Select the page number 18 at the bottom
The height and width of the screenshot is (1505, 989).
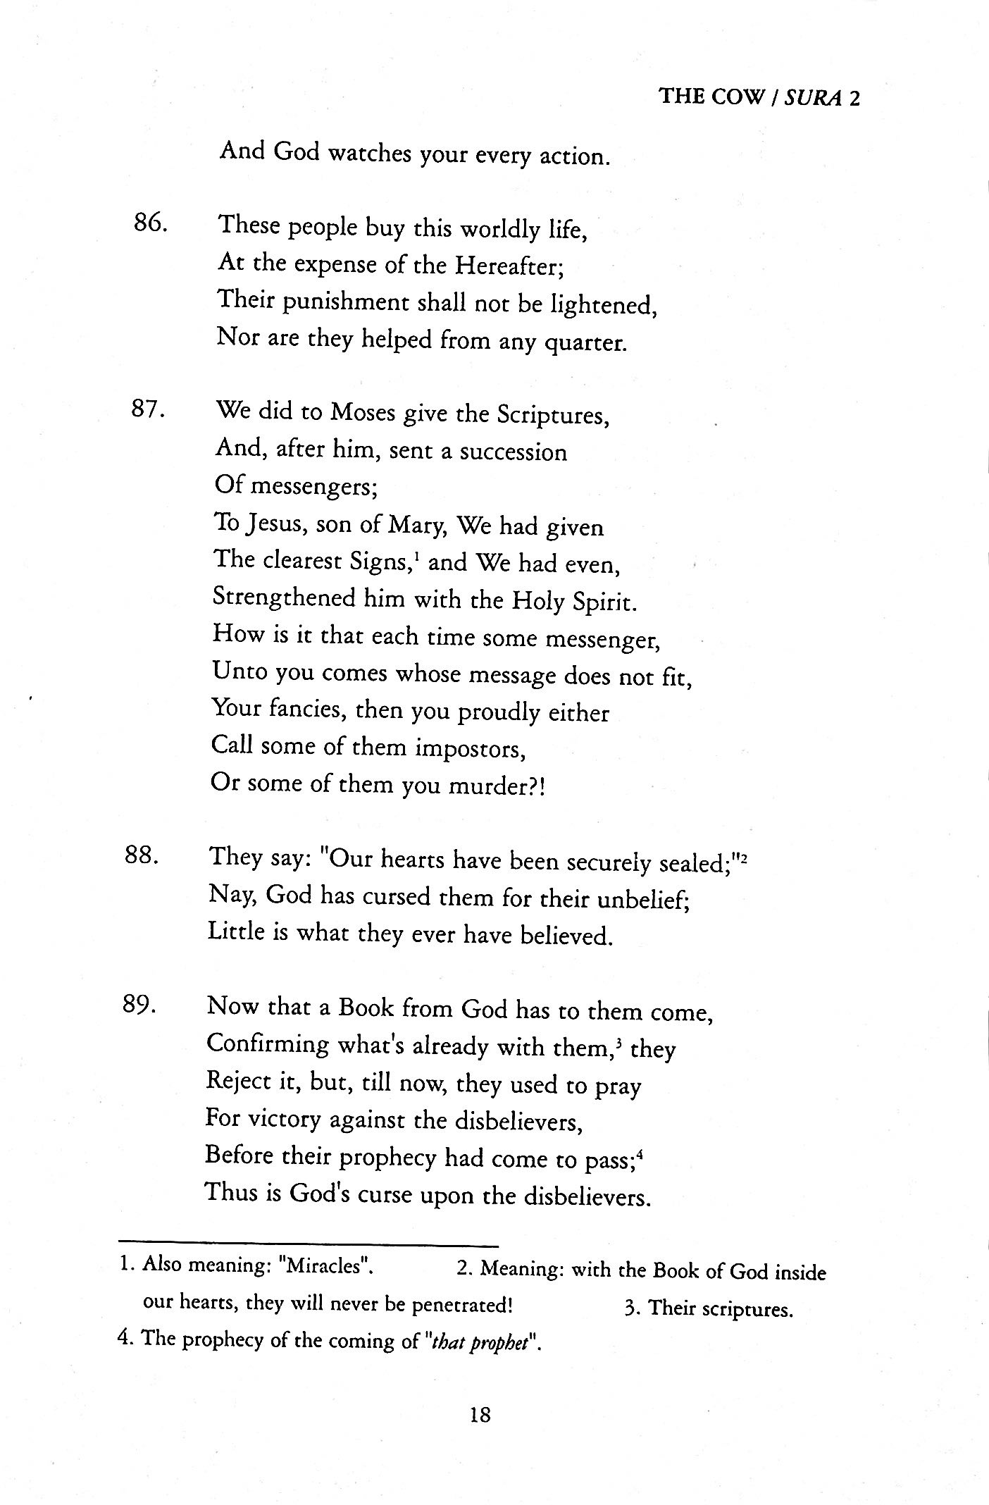(479, 1414)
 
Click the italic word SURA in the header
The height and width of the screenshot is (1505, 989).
(813, 97)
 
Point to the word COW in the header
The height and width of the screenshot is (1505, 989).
(738, 97)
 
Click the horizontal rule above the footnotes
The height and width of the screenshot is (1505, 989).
(308, 1245)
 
